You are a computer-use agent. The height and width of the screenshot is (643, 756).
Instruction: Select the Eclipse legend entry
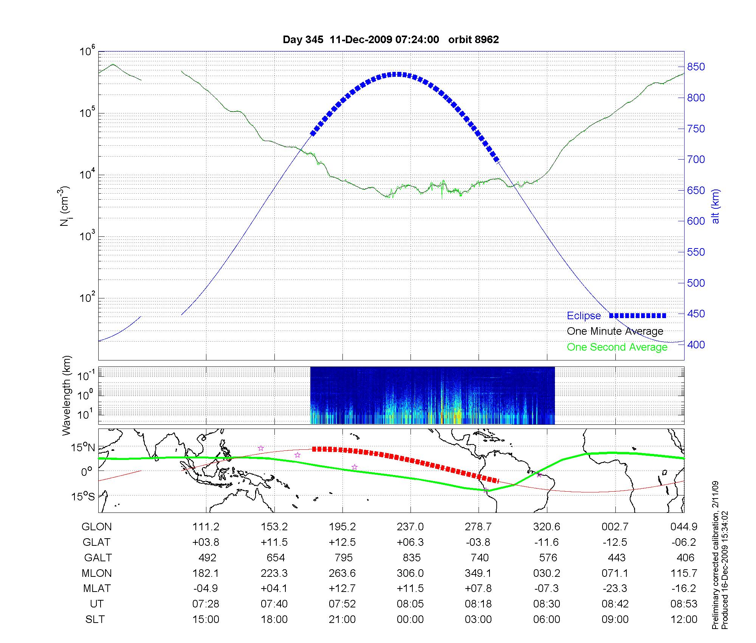tap(584, 316)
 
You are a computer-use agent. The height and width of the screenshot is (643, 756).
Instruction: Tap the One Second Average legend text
tap(617, 347)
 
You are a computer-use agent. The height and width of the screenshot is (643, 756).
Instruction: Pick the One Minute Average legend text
tap(615, 331)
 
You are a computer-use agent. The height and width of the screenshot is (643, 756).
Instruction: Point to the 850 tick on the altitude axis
tap(696, 67)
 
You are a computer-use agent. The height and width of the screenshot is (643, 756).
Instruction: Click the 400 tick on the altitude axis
tap(696, 345)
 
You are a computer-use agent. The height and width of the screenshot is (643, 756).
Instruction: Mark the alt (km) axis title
tap(716, 206)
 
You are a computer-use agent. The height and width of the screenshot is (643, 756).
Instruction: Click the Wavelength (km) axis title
tap(67, 395)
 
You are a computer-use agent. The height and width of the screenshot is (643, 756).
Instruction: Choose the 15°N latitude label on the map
tap(83, 448)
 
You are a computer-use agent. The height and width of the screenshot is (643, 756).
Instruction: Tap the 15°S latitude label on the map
tap(83, 496)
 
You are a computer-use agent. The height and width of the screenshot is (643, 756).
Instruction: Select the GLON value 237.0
tap(410, 527)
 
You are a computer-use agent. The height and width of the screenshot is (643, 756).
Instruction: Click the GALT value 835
tap(412, 558)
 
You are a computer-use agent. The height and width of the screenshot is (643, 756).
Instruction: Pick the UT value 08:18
tap(478, 604)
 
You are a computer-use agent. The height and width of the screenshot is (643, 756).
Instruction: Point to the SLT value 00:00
tap(410, 620)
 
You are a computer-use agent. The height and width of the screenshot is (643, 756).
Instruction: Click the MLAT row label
tap(97, 589)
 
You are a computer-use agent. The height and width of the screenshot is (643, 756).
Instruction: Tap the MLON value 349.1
tap(478, 573)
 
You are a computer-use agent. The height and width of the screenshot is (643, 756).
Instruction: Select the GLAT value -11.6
tap(547, 542)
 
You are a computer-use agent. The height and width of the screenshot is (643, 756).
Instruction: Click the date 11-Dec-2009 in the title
tap(361, 40)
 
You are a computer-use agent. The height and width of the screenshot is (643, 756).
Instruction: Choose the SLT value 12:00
tap(684, 620)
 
